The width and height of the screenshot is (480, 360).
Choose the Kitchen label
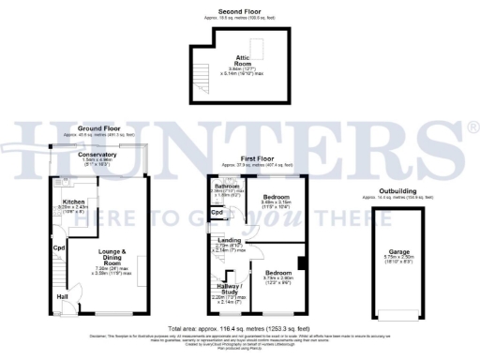coord(74,201)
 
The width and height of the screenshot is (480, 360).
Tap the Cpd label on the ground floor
coord(58,247)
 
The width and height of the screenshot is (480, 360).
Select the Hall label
coord(62,297)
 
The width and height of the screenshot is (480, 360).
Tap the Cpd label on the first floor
coord(217,213)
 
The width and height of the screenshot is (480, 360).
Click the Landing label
coord(230,242)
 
